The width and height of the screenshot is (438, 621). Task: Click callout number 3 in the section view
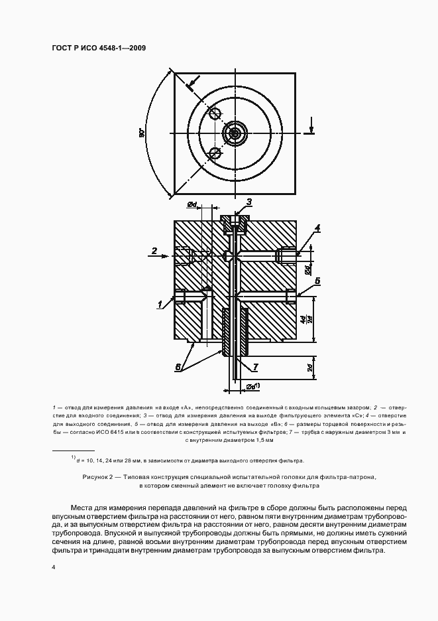[250, 202]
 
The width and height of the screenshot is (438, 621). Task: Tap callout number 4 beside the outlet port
[318, 228]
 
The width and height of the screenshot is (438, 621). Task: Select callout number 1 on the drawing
[160, 305]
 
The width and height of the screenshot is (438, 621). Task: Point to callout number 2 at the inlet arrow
[154, 251]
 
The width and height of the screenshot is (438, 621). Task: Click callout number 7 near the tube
[256, 366]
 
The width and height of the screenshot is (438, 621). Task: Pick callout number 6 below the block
[178, 366]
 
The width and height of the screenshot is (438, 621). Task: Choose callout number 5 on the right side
[317, 281]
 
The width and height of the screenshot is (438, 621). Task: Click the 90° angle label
[142, 133]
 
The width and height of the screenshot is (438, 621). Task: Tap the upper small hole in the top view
[214, 113]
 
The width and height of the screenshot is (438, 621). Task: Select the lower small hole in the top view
[214, 154]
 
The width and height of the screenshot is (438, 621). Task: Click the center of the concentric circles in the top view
[234, 133]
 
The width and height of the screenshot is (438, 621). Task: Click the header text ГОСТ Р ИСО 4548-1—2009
[99, 48]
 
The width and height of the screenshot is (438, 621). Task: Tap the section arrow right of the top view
[311, 127]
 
